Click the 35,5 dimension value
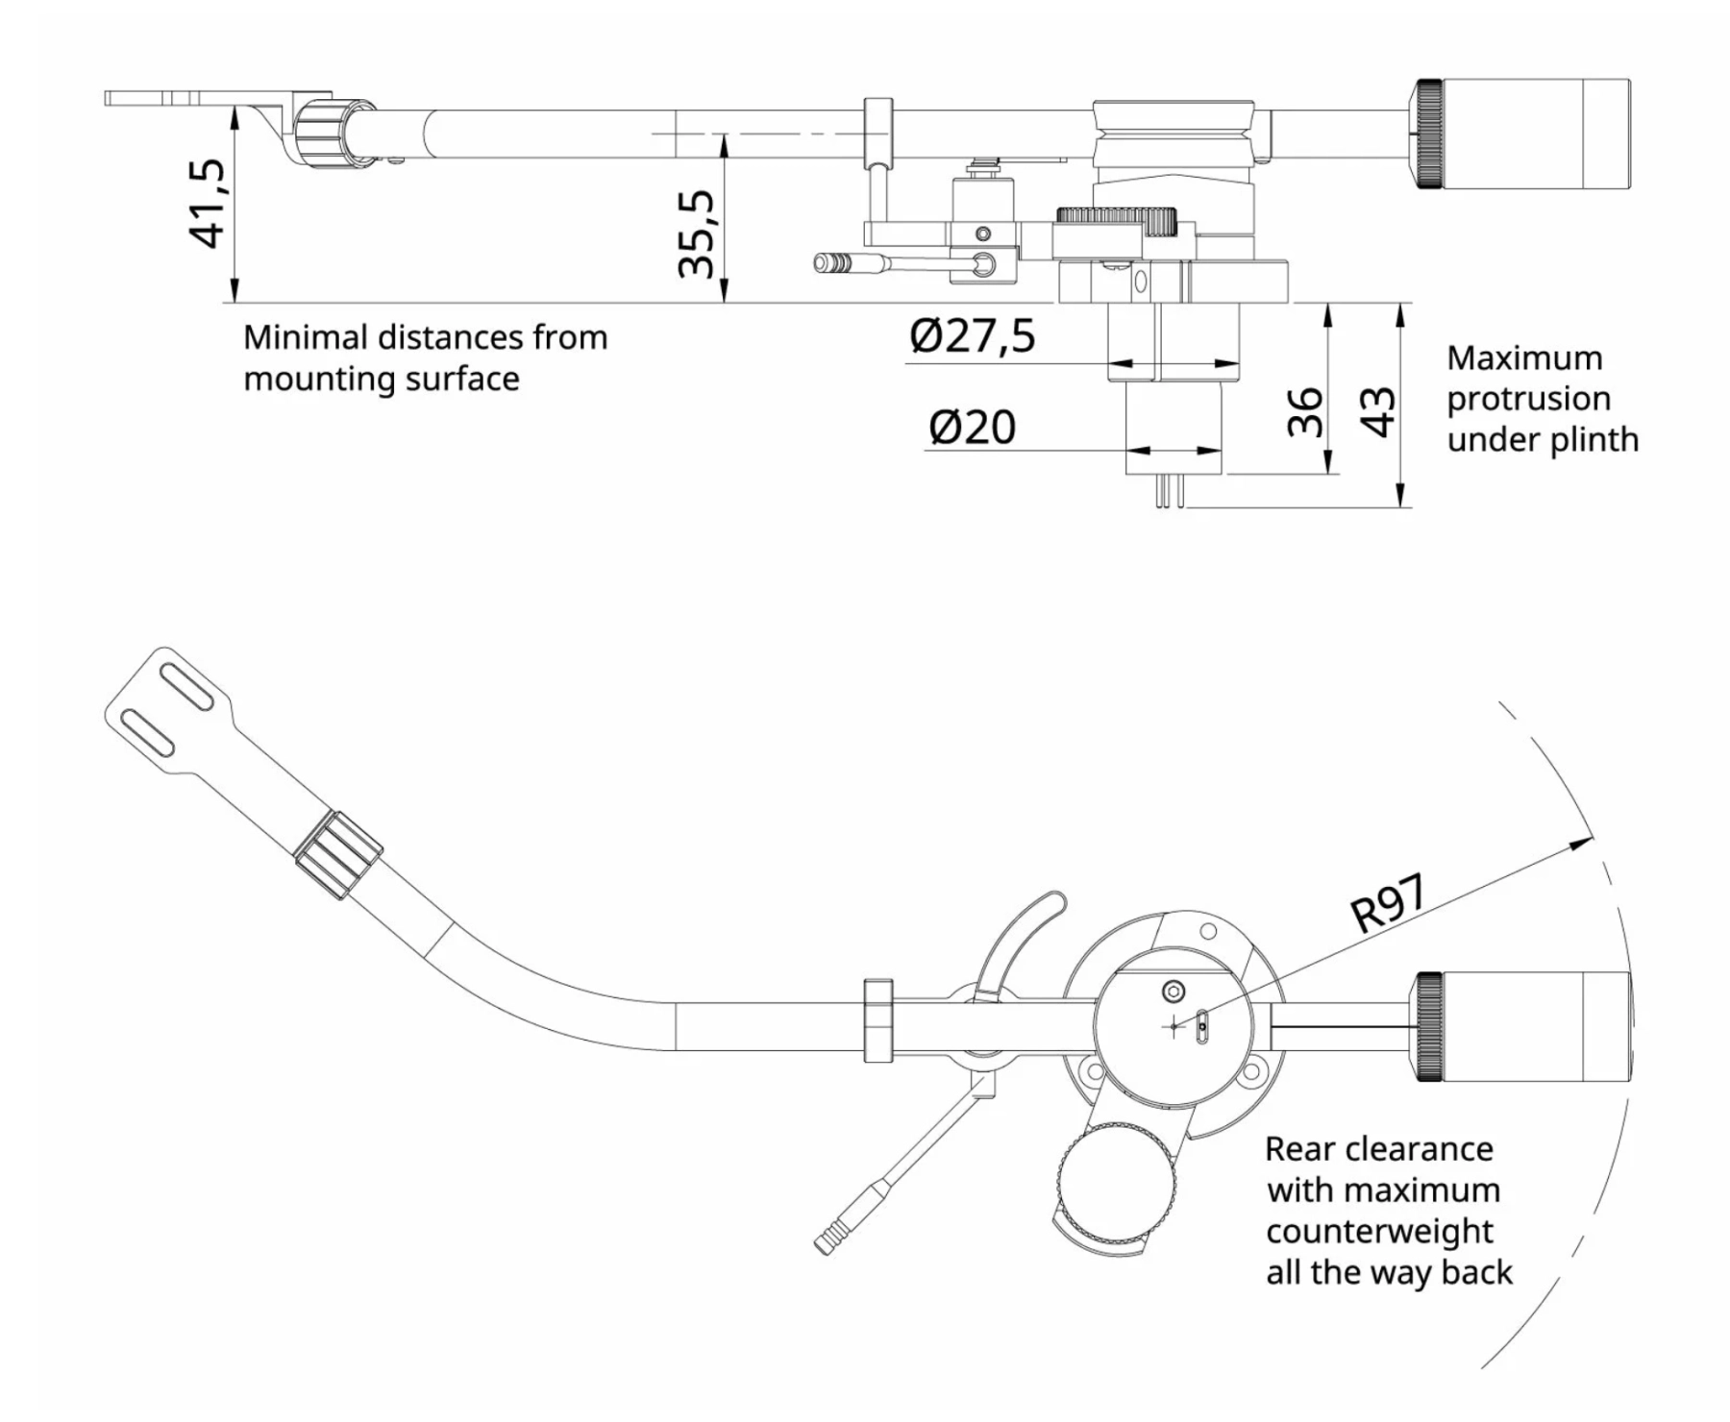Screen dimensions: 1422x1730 pyautogui.click(x=697, y=233)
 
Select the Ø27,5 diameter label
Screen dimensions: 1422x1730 pyautogui.click(x=973, y=336)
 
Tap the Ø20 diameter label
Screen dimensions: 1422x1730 pyautogui.click(x=972, y=427)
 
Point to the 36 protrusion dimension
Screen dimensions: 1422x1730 pyautogui.click(x=1305, y=411)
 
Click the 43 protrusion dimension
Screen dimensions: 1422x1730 pyautogui.click(x=1378, y=411)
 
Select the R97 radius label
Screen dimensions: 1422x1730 pyautogui.click(x=1388, y=903)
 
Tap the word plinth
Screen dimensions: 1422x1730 pyautogui.click(x=1592, y=440)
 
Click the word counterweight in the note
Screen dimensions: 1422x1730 pyautogui.click(x=1379, y=1231)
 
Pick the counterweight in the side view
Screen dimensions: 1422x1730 pyautogui.click(x=1523, y=135)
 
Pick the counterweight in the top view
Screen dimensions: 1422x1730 pyautogui.click(x=1523, y=1026)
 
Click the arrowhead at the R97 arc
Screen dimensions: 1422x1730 pyautogui.click(x=1581, y=843)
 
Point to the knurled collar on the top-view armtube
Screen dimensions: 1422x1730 pyautogui.click(x=338, y=854)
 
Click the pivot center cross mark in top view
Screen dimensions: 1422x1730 pyautogui.click(x=1174, y=1026)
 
